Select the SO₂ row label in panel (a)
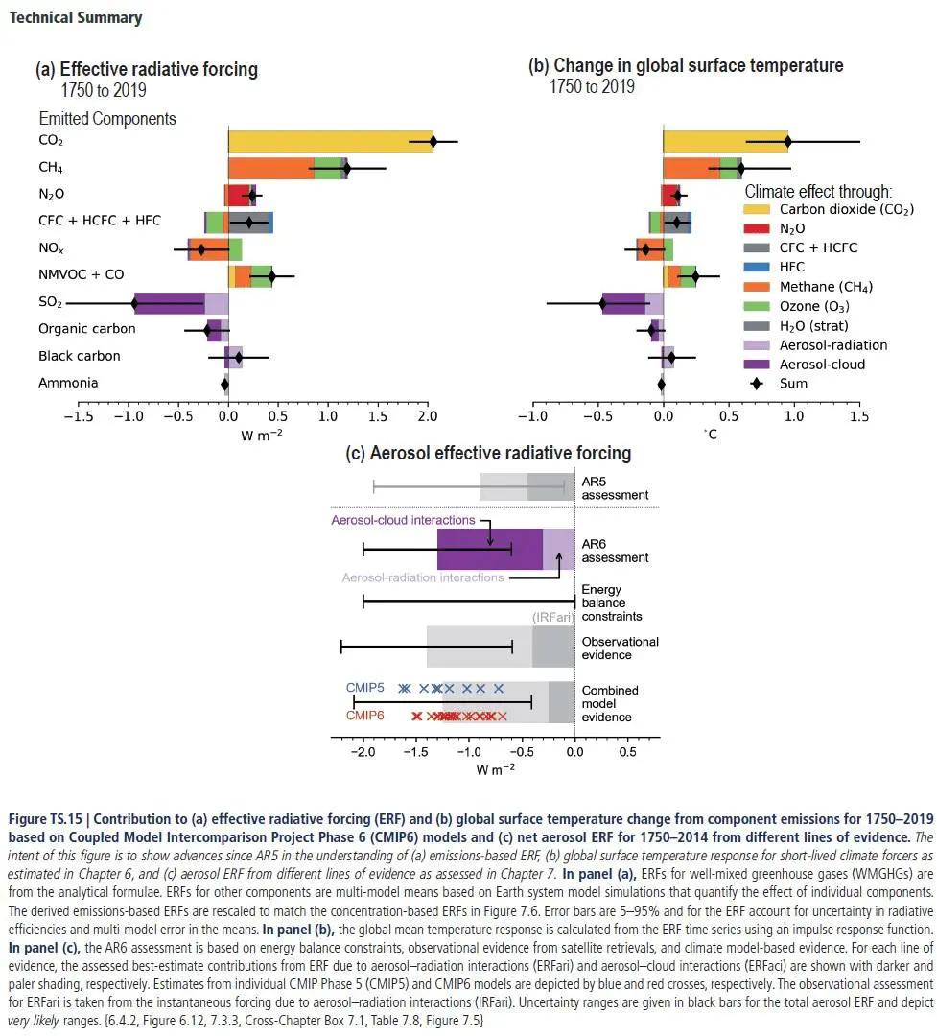pos(51,303)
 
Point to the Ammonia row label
pos(68,383)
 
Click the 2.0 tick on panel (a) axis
pos(428,416)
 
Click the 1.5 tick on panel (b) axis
pos(860,416)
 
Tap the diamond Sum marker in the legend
pos(758,384)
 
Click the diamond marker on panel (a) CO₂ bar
pos(433,141)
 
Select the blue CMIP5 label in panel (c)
pos(364,688)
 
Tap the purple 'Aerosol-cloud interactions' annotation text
pos(403,520)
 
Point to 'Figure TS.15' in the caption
pos(42,819)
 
